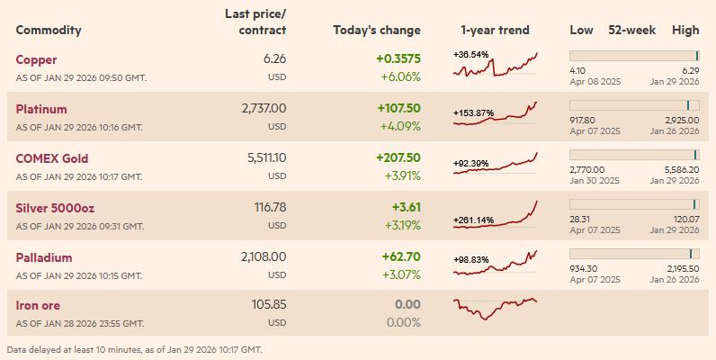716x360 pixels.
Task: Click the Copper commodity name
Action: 36,59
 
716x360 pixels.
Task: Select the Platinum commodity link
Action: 41,109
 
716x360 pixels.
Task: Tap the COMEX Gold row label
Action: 51,158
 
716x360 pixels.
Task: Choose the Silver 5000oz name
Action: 55,208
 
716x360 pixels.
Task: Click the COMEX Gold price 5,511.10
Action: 266,157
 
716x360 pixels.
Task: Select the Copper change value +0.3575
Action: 398,59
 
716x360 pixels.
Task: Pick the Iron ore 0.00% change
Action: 402,322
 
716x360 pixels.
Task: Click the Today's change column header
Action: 376,30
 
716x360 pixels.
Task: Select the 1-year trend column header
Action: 495,30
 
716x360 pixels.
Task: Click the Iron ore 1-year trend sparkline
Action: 496,307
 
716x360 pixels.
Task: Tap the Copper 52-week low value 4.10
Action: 578,70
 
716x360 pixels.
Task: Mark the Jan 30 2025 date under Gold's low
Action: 595,180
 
